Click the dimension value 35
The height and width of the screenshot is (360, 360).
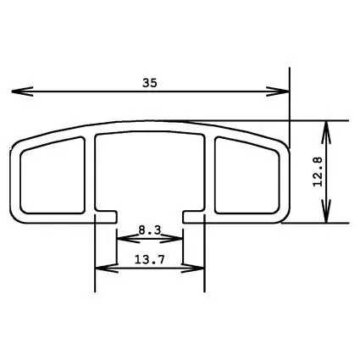(x=150, y=82)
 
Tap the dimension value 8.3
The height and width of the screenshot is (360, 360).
(x=149, y=229)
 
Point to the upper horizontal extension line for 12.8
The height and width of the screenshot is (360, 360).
(x=313, y=120)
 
